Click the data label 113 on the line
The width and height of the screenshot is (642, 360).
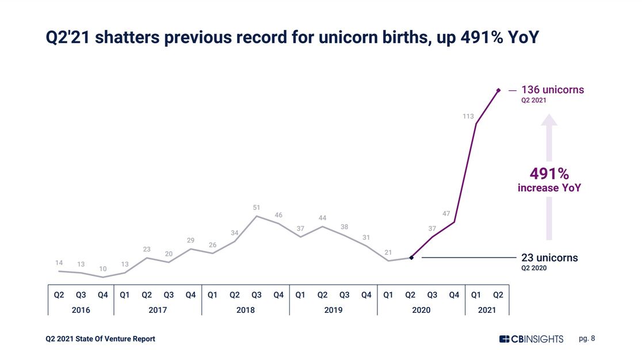468,117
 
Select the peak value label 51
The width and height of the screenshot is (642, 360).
257,207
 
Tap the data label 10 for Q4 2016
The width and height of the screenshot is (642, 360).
102,269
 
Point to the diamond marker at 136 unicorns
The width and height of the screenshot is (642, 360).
498,90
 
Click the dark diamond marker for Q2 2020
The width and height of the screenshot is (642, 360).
411,258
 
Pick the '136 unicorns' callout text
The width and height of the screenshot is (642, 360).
552,90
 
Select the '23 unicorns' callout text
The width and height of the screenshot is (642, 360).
549,258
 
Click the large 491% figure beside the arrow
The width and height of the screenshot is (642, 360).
549,174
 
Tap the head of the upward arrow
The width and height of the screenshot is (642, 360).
549,120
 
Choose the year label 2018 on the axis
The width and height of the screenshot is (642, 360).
246,310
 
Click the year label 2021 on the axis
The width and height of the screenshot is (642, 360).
487,310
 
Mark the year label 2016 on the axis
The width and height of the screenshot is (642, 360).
81,310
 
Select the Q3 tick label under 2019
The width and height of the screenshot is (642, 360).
344,295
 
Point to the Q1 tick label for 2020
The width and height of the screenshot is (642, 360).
388,295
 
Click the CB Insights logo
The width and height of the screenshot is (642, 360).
531,339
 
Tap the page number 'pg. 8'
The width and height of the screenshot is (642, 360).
587,339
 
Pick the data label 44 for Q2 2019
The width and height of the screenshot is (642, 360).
322,218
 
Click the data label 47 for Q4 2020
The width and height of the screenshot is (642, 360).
446,213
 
